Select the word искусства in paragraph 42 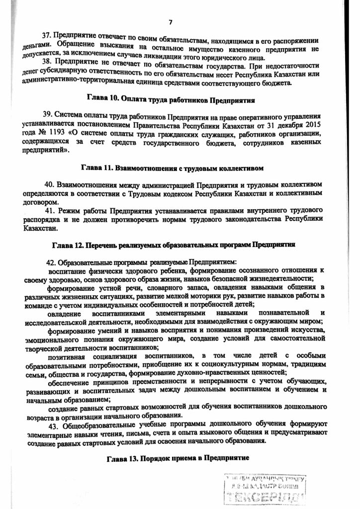[x=307, y=331]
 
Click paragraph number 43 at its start [x=53, y=426]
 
